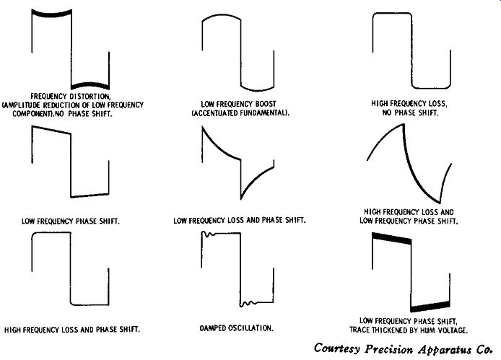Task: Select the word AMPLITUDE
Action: pos(22,105)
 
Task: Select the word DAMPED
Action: pos(212,328)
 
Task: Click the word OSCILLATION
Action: pos(250,328)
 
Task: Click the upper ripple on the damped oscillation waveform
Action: pos(209,234)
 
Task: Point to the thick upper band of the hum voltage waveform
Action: pos(392,238)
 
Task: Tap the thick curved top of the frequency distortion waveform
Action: pos(52,14)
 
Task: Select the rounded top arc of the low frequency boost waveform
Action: pos(222,16)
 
